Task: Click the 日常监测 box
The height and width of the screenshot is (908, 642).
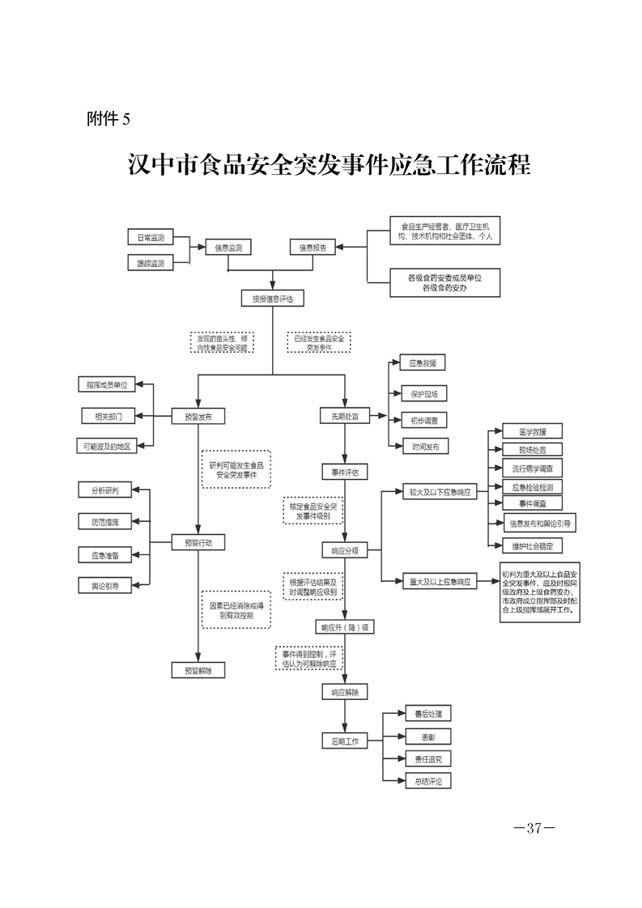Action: coord(151,237)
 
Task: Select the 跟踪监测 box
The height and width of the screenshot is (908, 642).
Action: coord(151,263)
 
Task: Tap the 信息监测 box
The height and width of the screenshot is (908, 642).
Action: coord(227,248)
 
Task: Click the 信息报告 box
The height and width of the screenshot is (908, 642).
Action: coord(312,248)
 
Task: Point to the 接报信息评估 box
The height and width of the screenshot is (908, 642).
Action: coord(272,299)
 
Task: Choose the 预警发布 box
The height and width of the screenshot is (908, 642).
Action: coord(198,417)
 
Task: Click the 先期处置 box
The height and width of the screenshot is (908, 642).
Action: coord(345,417)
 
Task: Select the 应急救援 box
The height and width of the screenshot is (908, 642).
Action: coord(423,364)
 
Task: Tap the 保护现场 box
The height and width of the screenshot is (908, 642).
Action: coord(423,393)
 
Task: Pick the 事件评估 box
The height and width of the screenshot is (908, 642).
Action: coord(345,471)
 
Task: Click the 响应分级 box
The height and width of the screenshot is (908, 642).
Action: coord(345,549)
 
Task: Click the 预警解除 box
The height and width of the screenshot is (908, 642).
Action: coord(198,670)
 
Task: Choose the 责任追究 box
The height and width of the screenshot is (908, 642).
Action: coord(427,759)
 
